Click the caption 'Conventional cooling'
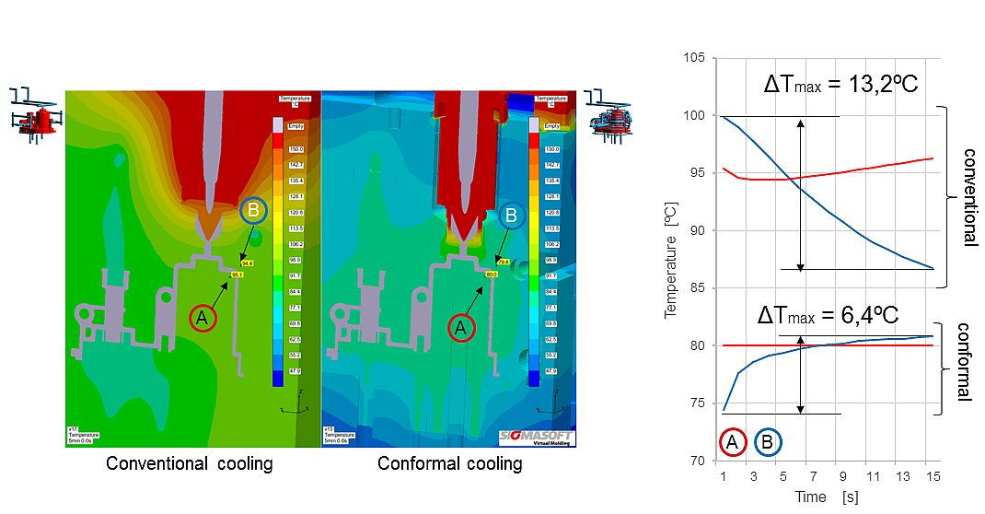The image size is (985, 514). (190, 463)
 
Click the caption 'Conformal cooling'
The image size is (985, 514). (449, 463)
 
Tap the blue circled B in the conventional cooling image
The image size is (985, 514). (254, 211)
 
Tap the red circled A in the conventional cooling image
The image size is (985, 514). (203, 319)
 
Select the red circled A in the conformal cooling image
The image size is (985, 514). (461, 327)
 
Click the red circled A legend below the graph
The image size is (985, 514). (733, 443)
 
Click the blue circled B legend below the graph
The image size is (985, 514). (768, 443)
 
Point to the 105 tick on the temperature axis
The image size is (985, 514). (697, 58)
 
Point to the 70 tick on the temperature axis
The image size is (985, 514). (700, 461)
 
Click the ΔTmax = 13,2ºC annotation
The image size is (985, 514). (842, 85)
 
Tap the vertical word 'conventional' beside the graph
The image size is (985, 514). (969, 196)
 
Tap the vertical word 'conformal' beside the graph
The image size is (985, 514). (964, 361)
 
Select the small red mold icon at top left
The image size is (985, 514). (36, 116)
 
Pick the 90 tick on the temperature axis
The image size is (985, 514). (700, 230)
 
